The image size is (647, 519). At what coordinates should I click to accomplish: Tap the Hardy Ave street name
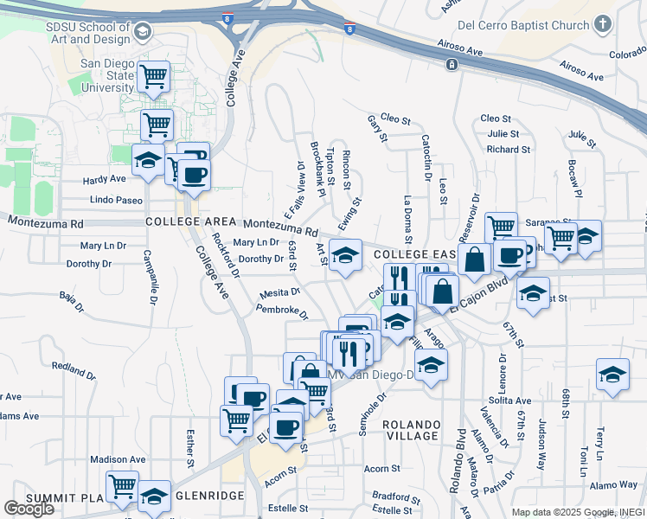click(105, 180)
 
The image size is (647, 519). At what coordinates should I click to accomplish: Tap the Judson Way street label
click(542, 445)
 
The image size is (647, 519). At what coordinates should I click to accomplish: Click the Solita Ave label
click(509, 401)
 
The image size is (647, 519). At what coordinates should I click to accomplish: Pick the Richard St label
click(502, 149)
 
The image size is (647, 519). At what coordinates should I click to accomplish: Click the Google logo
click(29, 509)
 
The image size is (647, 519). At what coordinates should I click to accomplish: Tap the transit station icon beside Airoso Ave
click(452, 66)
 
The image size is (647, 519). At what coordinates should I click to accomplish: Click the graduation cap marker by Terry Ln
click(612, 375)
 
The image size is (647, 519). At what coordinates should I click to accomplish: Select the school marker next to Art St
click(345, 255)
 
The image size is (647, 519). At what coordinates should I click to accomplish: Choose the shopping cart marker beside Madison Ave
click(122, 486)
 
